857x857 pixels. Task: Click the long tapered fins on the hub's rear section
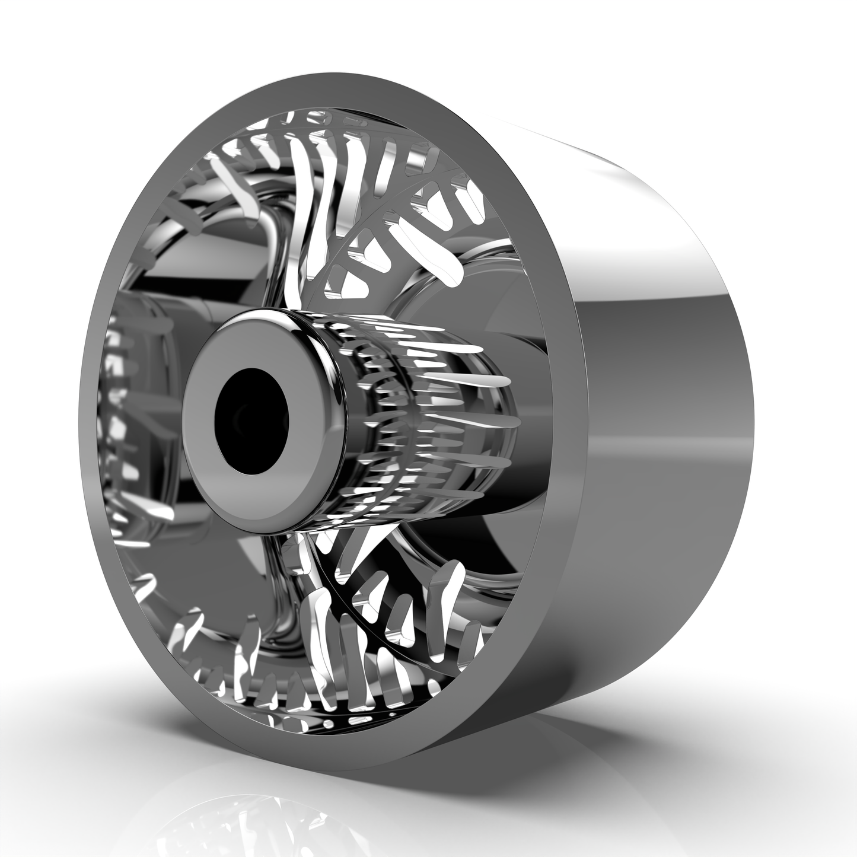pyautogui.click(x=463, y=415)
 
